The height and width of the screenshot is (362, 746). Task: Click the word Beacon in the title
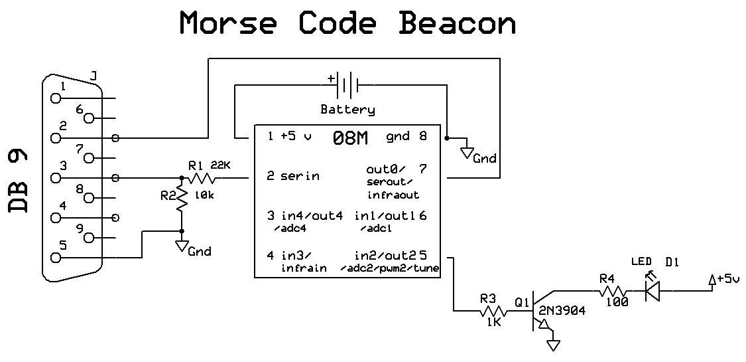(x=457, y=24)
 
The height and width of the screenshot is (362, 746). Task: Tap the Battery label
(x=347, y=110)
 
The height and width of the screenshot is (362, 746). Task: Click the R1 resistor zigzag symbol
(x=200, y=178)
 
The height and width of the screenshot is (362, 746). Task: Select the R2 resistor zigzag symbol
(x=181, y=199)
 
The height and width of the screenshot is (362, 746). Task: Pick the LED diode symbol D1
(x=653, y=290)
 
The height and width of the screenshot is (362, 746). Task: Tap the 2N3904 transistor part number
(x=562, y=310)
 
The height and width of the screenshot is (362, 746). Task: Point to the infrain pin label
(x=303, y=268)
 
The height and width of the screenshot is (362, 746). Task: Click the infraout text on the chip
(x=393, y=195)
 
